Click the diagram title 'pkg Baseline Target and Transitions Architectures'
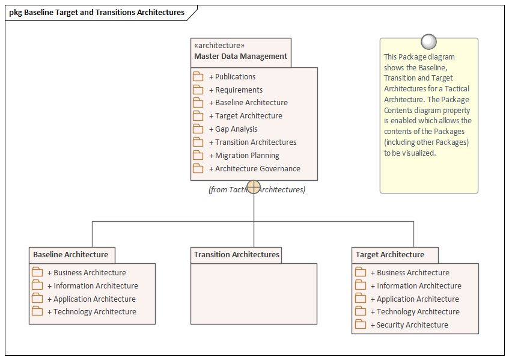[97, 12]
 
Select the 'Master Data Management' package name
[240, 56]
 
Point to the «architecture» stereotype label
[219, 45]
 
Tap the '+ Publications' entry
[232, 77]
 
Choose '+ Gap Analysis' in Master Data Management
[233, 129]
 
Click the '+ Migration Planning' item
[244, 156]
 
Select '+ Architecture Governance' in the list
[254, 169]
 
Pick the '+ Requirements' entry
[236, 90]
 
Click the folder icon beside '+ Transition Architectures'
[198, 142]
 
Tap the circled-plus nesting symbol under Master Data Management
[254, 187]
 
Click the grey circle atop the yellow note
[428, 41]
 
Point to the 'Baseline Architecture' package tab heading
[71, 255]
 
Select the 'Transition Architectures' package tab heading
[236, 255]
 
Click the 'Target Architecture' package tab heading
[390, 255]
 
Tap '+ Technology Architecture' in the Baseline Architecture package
[94, 312]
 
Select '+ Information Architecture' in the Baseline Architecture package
[96, 286]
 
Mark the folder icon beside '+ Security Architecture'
[361, 325]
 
